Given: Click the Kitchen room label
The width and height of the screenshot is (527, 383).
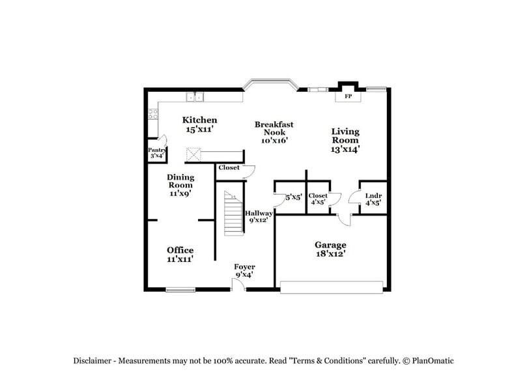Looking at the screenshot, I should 199,124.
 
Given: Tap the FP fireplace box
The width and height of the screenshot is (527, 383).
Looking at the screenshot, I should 348,96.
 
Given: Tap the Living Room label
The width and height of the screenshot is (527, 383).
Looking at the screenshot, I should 345,140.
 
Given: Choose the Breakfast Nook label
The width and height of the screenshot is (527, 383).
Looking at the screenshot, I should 274,132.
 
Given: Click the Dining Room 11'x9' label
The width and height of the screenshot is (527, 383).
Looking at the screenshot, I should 180,184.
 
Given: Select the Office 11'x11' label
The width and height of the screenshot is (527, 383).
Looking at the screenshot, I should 180,254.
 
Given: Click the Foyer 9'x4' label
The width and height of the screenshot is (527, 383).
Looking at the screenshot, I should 244,270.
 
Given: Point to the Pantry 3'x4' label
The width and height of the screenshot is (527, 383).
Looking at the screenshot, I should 157,153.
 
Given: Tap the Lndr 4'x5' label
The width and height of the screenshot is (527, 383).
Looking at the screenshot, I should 373,199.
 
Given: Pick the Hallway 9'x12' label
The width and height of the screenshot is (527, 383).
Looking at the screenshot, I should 258,216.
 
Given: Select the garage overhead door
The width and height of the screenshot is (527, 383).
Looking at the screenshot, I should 331,286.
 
